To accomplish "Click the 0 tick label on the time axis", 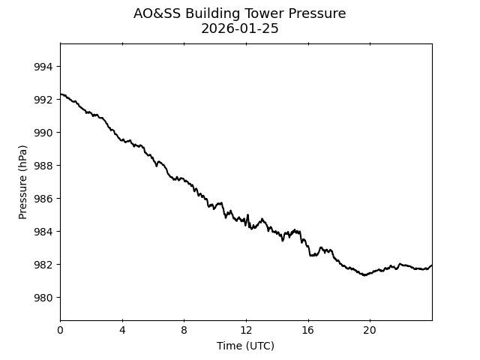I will click(x=61, y=331).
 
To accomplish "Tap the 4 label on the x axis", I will click(x=122, y=331).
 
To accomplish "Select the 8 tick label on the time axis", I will click(x=184, y=331).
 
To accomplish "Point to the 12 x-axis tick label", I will click(x=246, y=331).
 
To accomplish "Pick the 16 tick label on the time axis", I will click(x=308, y=331).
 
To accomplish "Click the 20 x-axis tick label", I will click(x=370, y=331).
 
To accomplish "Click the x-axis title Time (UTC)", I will click(x=245, y=346).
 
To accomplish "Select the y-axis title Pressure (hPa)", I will click(x=23, y=181).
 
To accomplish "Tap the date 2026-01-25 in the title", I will click(x=240, y=29).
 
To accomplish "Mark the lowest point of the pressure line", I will click(x=365, y=275).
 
